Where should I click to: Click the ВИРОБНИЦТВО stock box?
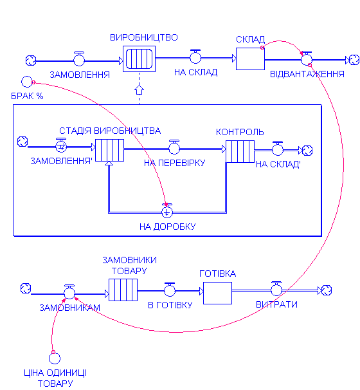139,59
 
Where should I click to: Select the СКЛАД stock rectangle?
250,59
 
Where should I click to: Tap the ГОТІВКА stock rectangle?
217,293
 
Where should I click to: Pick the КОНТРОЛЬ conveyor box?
240,151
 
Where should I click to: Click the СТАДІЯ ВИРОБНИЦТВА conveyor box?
109,150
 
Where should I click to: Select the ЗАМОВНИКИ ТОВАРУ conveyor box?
123,290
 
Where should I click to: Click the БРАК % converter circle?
27,82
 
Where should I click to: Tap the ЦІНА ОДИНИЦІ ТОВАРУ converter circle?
55,358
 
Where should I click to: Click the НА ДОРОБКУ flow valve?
167,211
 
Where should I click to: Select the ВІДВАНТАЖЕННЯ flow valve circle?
307,60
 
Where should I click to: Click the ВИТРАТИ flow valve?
276,289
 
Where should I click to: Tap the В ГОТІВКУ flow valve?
170,290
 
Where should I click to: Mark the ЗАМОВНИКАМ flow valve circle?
69,293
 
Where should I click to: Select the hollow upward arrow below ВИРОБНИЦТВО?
139,90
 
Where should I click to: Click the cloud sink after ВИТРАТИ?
327,290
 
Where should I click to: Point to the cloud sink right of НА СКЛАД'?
307,151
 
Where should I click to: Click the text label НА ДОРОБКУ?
167,227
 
